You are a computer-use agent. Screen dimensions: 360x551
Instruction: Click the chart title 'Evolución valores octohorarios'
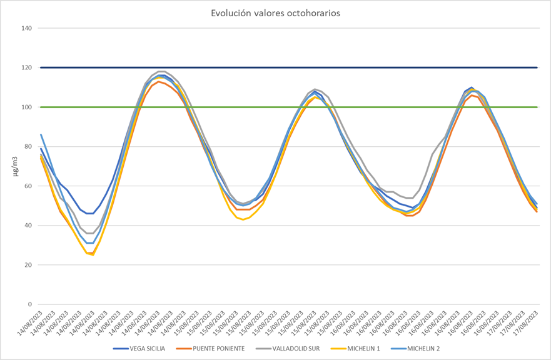pos(275,13)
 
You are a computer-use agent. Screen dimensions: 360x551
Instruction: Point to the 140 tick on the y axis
pos(26,28)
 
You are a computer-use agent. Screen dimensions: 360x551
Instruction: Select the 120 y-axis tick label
pos(26,67)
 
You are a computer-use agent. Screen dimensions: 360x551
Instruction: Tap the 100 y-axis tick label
pos(26,107)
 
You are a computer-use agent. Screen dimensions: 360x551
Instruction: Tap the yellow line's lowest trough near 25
pos(93,254)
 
